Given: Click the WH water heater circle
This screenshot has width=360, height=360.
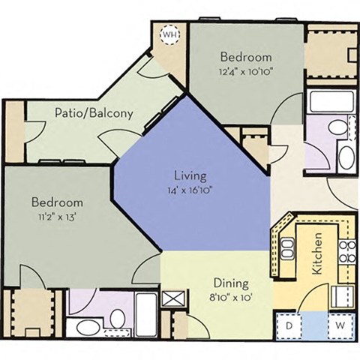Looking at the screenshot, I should point(171,35).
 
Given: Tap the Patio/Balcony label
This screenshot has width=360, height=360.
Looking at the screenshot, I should point(94,114).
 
